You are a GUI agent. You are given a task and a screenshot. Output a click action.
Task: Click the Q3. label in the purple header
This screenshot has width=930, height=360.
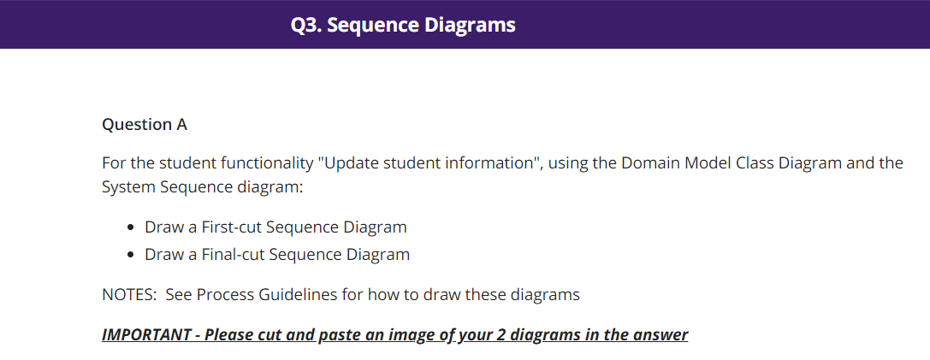[305, 26]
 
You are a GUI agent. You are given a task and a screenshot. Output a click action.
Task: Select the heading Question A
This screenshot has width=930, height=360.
[145, 125]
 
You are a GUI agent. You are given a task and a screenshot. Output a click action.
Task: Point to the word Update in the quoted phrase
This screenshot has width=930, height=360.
[348, 163]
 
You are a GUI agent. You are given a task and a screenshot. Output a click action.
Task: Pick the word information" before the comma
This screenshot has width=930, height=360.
[489, 163]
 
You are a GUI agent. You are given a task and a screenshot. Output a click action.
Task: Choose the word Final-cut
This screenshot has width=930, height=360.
[230, 255]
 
